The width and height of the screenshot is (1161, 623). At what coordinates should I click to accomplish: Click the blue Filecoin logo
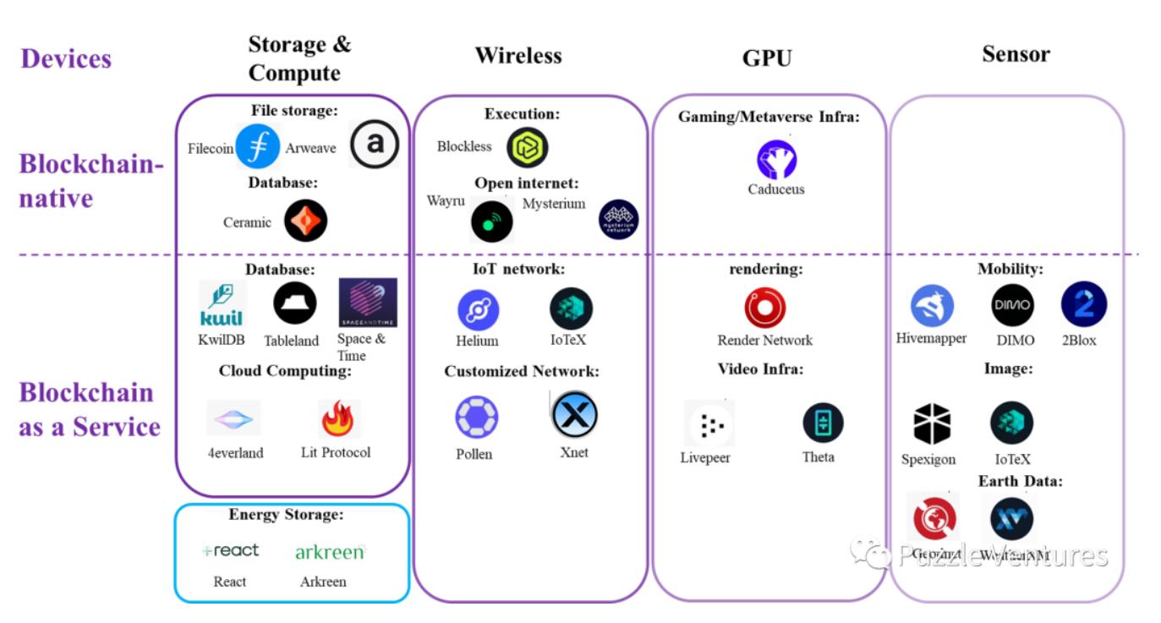pyautogui.click(x=257, y=145)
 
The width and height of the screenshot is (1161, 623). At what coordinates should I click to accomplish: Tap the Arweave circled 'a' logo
pyautogui.click(x=374, y=144)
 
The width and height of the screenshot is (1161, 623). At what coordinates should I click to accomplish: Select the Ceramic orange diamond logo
pyautogui.click(x=305, y=221)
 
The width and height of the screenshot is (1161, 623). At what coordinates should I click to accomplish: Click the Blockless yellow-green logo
pyautogui.click(x=528, y=147)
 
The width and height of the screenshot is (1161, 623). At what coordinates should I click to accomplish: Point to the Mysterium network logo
pyautogui.click(x=618, y=220)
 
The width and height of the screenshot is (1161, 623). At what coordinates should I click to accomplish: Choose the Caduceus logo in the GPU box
pyautogui.click(x=776, y=160)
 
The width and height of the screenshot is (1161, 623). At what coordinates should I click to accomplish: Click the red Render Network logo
pyautogui.click(x=764, y=309)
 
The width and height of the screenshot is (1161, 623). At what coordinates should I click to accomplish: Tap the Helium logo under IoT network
pyautogui.click(x=478, y=309)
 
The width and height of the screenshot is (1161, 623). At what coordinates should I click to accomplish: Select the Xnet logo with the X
pyautogui.click(x=574, y=415)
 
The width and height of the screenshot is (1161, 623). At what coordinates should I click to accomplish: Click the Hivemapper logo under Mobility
pyautogui.click(x=932, y=306)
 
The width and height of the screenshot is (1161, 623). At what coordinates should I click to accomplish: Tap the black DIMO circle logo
pyautogui.click(x=1012, y=305)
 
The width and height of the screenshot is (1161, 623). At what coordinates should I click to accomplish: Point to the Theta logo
pyautogui.click(x=823, y=424)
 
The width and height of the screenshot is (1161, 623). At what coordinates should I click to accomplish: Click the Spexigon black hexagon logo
pyautogui.click(x=932, y=424)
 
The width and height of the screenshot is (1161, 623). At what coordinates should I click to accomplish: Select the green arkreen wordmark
pyautogui.click(x=329, y=552)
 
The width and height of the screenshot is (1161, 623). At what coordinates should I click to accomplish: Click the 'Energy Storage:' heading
pyautogui.click(x=286, y=515)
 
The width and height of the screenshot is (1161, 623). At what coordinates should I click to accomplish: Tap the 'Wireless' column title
pyautogui.click(x=518, y=56)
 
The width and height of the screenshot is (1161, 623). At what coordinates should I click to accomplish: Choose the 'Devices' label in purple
pyautogui.click(x=66, y=58)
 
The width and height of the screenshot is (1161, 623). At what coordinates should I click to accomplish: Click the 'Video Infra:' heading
pyautogui.click(x=760, y=369)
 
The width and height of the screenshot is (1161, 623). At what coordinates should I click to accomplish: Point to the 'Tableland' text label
pyautogui.click(x=291, y=341)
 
